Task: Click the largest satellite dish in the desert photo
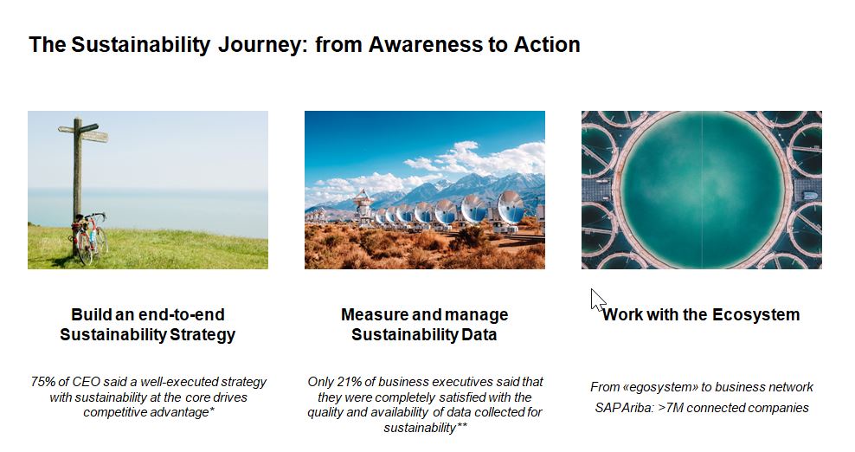(510, 210)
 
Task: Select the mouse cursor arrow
(598, 300)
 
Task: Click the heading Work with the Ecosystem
(701, 314)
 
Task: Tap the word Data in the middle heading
(479, 334)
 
